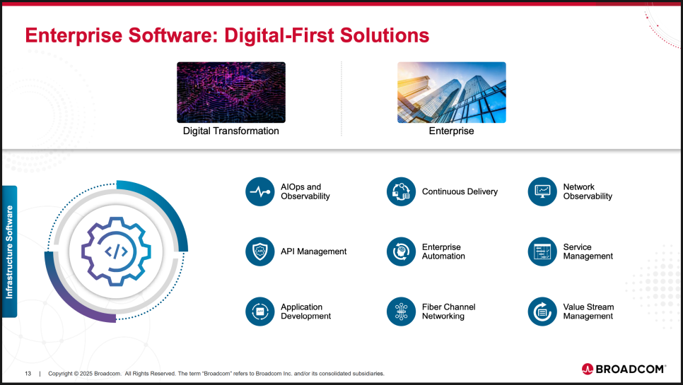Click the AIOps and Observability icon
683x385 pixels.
click(260, 191)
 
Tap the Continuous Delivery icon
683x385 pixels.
click(401, 191)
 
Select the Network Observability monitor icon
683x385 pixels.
click(542, 191)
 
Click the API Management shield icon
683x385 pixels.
click(260, 251)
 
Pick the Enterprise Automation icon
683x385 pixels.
click(401, 251)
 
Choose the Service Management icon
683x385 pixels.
click(542, 251)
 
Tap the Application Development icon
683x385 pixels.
click(260, 312)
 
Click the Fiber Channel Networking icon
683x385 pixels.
click(401, 312)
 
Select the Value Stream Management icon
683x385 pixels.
click(542, 312)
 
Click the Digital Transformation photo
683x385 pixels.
click(231, 93)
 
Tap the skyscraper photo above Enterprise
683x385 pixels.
click(452, 93)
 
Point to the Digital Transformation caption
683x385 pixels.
click(231, 131)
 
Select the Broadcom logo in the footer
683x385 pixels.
click(624, 369)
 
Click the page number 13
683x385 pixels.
click(28, 373)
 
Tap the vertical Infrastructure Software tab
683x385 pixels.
click(10, 252)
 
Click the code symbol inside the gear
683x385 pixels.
click(116, 251)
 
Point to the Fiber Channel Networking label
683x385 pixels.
click(449, 312)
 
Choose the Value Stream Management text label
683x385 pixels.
click(588, 312)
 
